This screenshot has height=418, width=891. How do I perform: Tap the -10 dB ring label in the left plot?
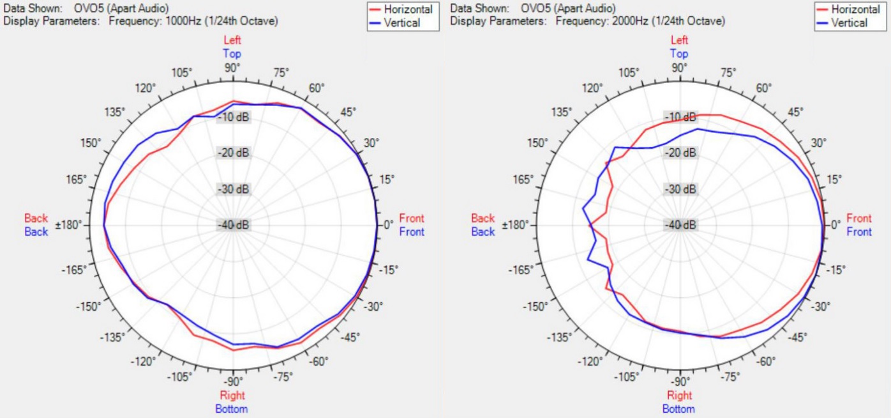[233, 117]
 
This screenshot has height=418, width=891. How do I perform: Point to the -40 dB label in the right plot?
[680, 225]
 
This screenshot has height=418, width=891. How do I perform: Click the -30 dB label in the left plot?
[233, 189]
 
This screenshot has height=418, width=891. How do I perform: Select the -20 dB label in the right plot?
[680, 153]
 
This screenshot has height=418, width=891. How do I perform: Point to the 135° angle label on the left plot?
[115, 112]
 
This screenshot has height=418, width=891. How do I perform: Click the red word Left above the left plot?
[232, 41]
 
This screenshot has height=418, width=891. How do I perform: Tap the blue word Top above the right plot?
[679, 54]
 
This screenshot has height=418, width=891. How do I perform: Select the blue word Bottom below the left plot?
[232, 408]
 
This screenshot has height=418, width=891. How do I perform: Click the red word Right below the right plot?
[679, 396]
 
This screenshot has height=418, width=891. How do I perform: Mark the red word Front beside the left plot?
[412, 219]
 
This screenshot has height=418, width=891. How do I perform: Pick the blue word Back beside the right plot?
[483, 232]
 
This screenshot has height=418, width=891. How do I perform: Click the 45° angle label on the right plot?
[796, 112]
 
